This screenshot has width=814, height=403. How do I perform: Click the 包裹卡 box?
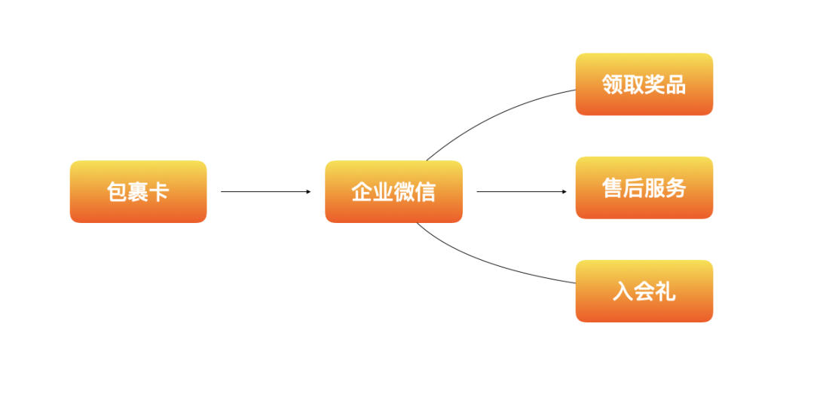click(138, 191)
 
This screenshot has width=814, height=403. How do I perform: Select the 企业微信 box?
click(393, 191)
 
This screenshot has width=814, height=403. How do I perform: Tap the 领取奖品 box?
click(644, 84)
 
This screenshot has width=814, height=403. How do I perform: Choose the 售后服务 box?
click(644, 188)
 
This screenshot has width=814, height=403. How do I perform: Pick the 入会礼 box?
click(644, 291)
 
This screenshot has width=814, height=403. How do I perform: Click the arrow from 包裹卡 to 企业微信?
click(264, 191)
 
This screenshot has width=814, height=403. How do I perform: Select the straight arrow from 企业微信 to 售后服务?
click(520, 191)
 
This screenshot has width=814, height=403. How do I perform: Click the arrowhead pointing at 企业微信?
click(308, 191)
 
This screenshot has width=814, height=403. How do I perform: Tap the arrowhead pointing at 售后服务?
click(564, 191)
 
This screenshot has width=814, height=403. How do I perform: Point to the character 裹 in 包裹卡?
click(138, 191)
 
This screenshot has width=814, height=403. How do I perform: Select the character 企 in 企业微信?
click(362, 191)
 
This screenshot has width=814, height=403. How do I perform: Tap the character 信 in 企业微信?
click(425, 191)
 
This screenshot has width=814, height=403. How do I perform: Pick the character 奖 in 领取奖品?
click(654, 84)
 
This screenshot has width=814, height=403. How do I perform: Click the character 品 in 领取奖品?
click(675, 84)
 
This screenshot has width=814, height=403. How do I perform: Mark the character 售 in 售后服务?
click(613, 188)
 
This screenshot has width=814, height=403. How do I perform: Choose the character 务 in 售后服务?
click(676, 188)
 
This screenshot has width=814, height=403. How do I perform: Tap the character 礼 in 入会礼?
click(665, 291)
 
